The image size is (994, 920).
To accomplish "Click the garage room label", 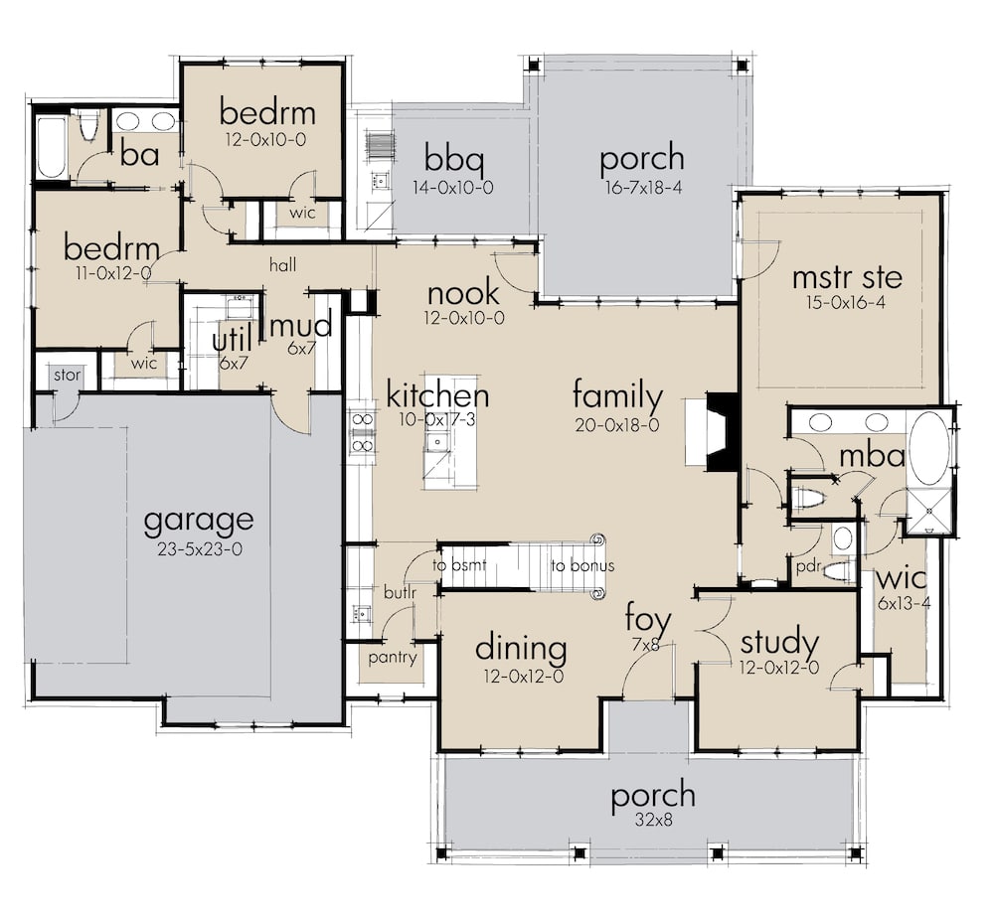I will [198, 520].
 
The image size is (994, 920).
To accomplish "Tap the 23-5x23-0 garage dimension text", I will [198, 547].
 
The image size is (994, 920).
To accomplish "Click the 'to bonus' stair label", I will [582, 566].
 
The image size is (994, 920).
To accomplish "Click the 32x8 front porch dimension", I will [652, 822].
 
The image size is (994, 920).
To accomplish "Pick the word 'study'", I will [779, 643].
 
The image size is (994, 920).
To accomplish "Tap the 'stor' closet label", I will [67, 376].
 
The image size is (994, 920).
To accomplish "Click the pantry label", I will [392, 657].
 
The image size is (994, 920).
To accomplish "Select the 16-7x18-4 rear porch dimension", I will [642, 186].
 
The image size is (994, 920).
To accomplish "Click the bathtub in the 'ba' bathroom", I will [51, 147].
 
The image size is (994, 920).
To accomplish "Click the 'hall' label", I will [284, 264].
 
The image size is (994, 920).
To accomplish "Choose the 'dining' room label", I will [521, 649].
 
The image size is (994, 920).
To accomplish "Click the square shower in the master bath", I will [929, 512].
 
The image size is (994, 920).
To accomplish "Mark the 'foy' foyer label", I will [647, 621].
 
